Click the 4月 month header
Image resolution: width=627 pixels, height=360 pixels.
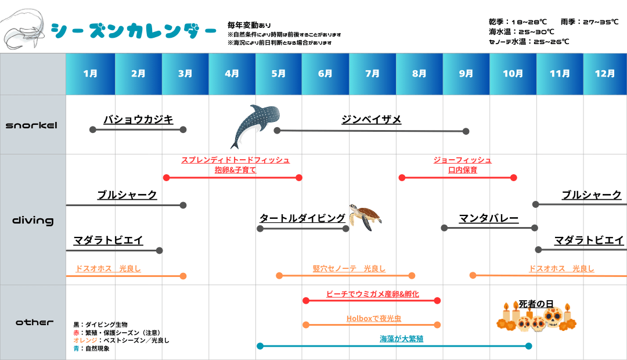pyautogui.click(x=232, y=74)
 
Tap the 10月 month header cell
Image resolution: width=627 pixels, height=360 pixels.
pyautogui.click(x=513, y=74)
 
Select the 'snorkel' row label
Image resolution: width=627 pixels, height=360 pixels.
pyautogui.click(x=31, y=125)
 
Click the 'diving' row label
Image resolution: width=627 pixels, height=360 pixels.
pyautogui.click(x=33, y=221)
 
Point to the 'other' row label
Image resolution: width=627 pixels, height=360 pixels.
pyautogui.click(x=34, y=322)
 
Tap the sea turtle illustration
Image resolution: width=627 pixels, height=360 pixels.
pyautogui.click(x=365, y=217)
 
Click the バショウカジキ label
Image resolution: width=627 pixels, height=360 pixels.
pyautogui.click(x=138, y=119)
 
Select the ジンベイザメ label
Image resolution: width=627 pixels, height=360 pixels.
pyautogui.click(x=372, y=119)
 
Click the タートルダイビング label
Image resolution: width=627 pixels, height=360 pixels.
pyautogui.click(x=302, y=218)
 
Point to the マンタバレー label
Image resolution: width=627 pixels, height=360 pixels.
pyautogui.click(x=489, y=218)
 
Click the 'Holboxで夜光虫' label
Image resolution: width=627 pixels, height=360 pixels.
pyautogui.click(x=374, y=318)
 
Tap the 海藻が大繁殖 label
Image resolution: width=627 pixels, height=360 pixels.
pyautogui.click(x=402, y=339)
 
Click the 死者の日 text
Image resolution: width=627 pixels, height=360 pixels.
pyautogui.click(x=536, y=304)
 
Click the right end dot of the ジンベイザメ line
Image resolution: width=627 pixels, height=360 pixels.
pyautogui.click(x=466, y=131)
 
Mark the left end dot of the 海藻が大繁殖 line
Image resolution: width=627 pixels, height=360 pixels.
pyautogui.click(x=260, y=346)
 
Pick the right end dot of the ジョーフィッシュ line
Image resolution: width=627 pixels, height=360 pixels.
pyautogui.click(x=513, y=178)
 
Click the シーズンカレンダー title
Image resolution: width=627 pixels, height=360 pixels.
pyautogui.click(x=134, y=31)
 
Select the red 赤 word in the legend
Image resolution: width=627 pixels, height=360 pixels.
pyautogui.click(x=76, y=333)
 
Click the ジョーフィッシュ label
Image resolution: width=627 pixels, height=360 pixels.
pyautogui.click(x=463, y=160)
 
